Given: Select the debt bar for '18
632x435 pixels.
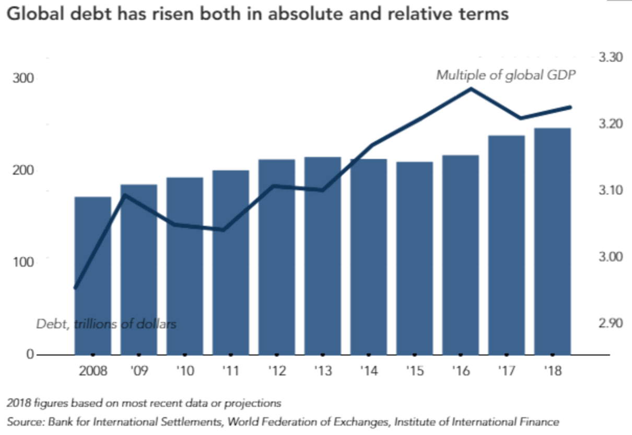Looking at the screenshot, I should (x=552, y=241).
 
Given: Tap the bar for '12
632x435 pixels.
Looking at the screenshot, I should (x=277, y=257).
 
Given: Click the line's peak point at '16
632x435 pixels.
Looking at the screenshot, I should (x=470, y=88).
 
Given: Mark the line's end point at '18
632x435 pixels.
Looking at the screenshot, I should (x=571, y=107).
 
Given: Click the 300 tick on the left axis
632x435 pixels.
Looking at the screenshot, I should (x=23, y=79).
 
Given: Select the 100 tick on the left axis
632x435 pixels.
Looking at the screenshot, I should (x=23, y=260).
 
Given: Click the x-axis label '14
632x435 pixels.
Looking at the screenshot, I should (x=368, y=372).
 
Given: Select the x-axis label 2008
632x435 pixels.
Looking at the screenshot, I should (x=93, y=372).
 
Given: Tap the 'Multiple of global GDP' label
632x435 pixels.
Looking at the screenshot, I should (x=506, y=75).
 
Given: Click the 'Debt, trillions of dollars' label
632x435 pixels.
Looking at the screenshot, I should (x=106, y=324).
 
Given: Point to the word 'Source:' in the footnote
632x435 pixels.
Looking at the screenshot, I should (x=25, y=421).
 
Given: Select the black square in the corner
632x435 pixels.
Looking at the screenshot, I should (x=616, y=21).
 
